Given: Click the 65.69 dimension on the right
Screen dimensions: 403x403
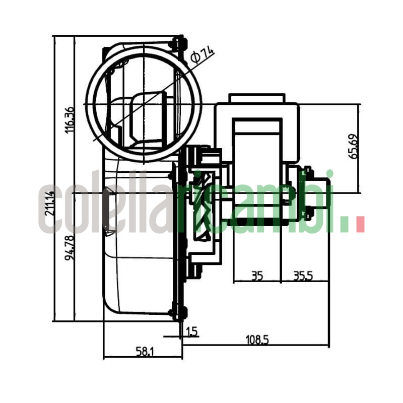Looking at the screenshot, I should pyautogui.click(x=354, y=147).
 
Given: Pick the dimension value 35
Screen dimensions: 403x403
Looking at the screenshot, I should pyautogui.click(x=257, y=276).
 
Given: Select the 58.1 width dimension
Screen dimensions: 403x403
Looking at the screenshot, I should pyautogui.click(x=145, y=352).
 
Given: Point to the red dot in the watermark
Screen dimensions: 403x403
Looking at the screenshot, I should pyautogui.click(x=360, y=225).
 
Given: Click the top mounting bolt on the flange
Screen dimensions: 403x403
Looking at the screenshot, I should pyautogui.click(x=178, y=42).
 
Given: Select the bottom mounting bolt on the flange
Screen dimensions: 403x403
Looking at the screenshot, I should pyautogui.click(x=177, y=312).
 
